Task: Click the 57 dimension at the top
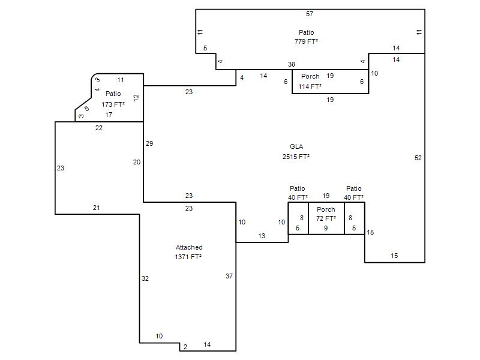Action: (310, 14)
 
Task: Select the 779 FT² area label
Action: (306, 41)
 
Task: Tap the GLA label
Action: (296, 146)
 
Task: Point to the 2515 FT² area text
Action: (296, 157)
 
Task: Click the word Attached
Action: (189, 247)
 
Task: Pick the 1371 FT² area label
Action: (188, 257)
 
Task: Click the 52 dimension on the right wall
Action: (418, 158)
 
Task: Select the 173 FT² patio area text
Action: (113, 104)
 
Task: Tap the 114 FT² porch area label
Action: (310, 86)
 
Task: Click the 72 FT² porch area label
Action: (326, 218)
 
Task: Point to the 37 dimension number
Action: (229, 276)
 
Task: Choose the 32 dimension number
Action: (145, 278)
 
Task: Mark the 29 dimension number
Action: (149, 143)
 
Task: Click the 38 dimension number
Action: (292, 64)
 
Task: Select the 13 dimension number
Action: (262, 236)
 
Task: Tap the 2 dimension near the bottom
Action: (185, 347)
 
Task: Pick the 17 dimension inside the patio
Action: (109, 115)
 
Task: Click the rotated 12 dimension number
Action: (136, 98)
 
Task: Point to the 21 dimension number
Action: (97, 208)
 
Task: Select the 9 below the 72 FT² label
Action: (326, 229)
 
